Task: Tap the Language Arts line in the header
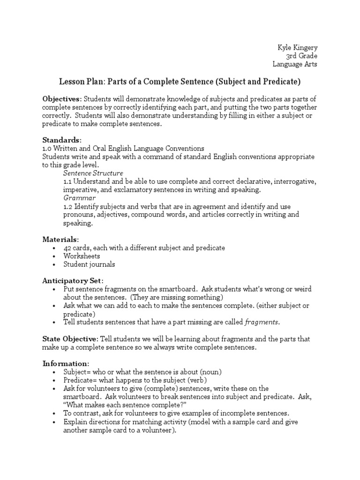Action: pyautogui.click(x=294, y=64)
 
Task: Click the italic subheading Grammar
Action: pyautogui.click(x=79, y=198)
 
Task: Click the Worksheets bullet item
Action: pyautogui.click(x=82, y=256)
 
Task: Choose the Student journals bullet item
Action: pyautogui.click(x=89, y=264)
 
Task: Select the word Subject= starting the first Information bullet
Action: pyautogui.click(x=77, y=372)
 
